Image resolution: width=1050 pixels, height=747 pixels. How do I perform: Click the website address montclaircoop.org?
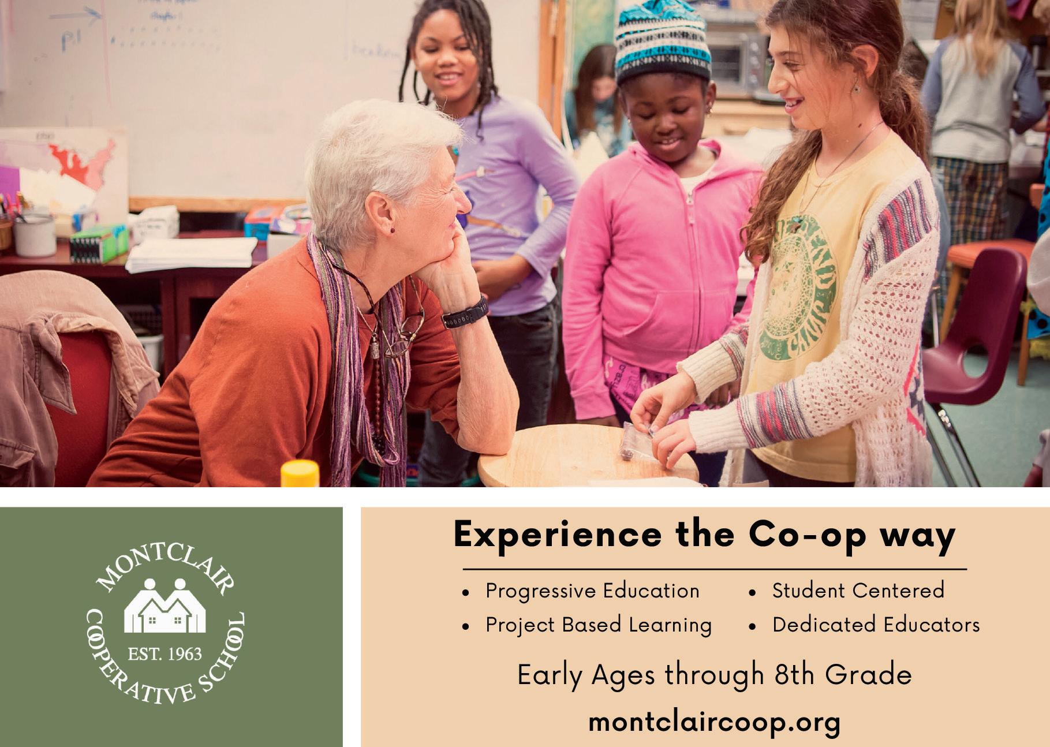click(714, 722)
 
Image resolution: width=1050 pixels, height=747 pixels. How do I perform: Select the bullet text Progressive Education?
click(592, 591)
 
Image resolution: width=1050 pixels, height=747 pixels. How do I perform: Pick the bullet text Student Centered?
click(858, 590)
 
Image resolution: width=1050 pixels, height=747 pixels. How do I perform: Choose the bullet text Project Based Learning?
click(599, 625)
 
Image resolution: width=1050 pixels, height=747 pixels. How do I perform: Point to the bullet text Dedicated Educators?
click(876, 624)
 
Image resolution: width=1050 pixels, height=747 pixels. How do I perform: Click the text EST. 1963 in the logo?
click(165, 654)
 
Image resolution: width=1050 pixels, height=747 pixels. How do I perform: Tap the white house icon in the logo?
click(165, 606)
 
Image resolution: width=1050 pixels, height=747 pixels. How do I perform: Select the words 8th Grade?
click(843, 674)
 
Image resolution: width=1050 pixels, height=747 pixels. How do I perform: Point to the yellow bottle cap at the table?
click(300, 473)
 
